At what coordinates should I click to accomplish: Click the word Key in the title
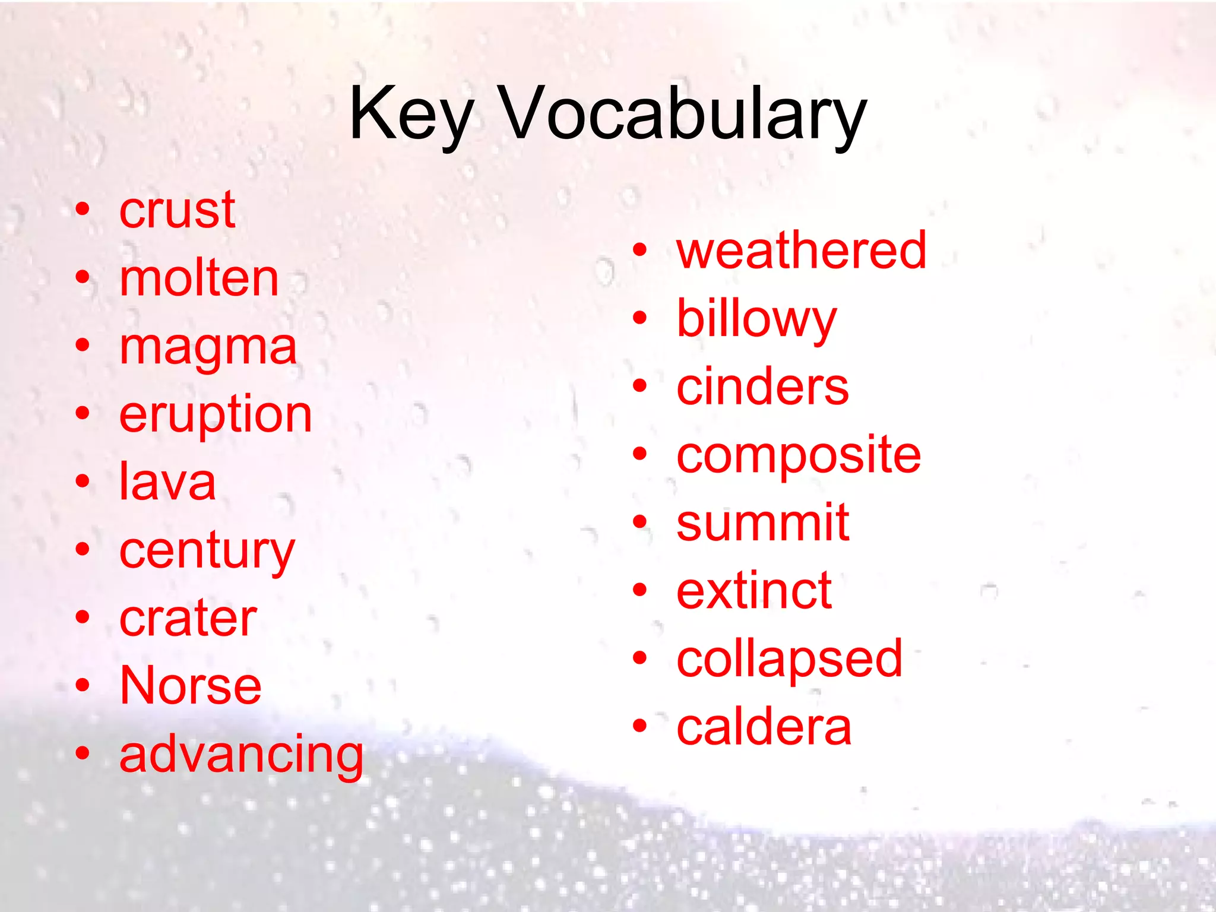pos(411,114)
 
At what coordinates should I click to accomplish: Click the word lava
pos(167,482)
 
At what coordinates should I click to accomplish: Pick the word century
pos(207,551)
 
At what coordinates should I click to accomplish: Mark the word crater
pos(188,619)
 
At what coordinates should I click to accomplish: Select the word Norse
pos(190,686)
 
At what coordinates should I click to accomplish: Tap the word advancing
pos(241,755)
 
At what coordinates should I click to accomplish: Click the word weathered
pos(801,251)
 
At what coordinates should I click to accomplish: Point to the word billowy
pos(756,319)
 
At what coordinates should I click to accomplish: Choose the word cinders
pos(762,387)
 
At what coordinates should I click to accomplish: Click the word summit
pos(762,523)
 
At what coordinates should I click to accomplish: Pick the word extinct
pos(754,591)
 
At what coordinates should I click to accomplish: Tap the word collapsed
pos(789,659)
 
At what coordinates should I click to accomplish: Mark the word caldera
pos(764,727)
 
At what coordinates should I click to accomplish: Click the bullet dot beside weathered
pos(639,251)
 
